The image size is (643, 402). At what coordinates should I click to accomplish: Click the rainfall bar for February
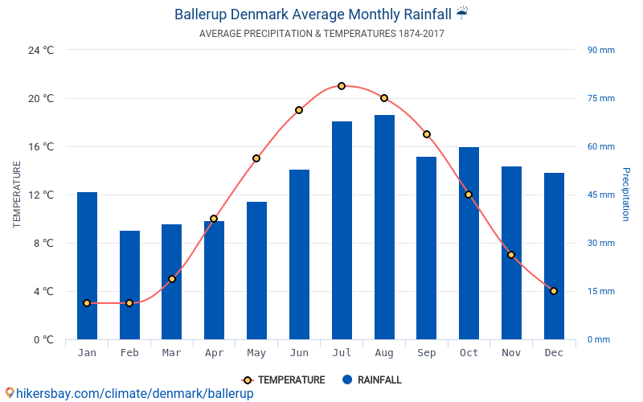pos(129,285)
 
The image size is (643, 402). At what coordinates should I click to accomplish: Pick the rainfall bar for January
pos(87,265)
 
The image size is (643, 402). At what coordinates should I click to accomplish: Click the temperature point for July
pos(342,86)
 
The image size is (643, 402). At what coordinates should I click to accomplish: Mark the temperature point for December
pos(554,291)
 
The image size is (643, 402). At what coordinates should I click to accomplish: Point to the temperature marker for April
pos(214,219)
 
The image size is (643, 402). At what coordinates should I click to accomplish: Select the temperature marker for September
pos(427,134)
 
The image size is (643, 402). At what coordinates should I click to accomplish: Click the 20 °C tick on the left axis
pos(41,98)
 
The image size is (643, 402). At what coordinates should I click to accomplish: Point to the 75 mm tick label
pos(600,98)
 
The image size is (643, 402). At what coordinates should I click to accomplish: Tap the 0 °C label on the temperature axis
pos(43,339)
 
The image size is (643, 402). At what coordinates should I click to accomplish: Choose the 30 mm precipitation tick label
pos(600,243)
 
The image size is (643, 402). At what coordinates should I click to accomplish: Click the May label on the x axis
pos(256,353)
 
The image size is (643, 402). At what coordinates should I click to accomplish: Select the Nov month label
pos(511,353)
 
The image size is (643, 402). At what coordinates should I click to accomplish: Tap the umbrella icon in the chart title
pos(461,13)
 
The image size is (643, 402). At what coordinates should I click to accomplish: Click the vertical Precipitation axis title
pos(626,195)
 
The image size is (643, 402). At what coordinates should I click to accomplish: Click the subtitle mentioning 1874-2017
pos(321,34)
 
